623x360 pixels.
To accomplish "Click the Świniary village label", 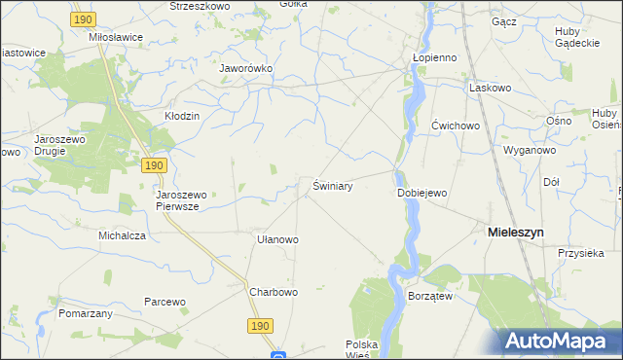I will (x=332, y=185).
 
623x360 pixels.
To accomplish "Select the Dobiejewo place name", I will (x=421, y=193).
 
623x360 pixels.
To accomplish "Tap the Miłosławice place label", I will (x=115, y=37).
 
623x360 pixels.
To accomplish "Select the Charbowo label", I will (x=273, y=292).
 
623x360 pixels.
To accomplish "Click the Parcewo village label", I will (x=165, y=302).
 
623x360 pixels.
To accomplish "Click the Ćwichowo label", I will (x=457, y=126).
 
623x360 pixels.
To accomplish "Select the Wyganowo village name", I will (x=529, y=151).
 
